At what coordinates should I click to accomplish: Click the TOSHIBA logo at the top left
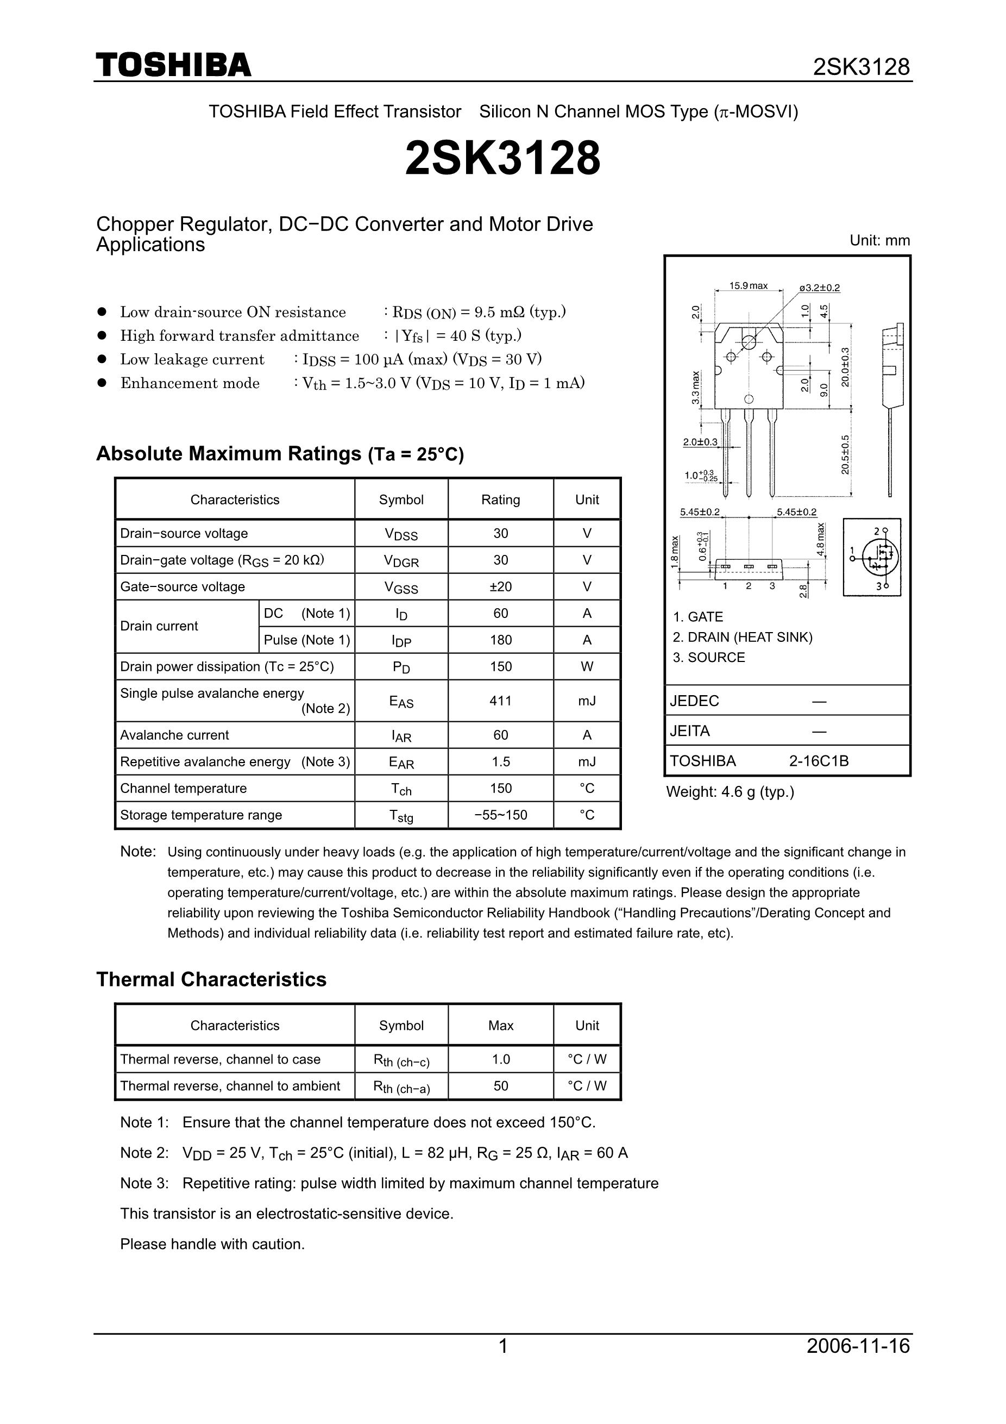(174, 65)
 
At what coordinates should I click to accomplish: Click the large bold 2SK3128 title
(502, 158)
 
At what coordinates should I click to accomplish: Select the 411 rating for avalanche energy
(500, 701)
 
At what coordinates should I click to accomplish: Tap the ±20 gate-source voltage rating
(500, 586)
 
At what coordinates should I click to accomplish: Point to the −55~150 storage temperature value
(500, 815)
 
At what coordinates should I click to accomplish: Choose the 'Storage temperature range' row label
(201, 815)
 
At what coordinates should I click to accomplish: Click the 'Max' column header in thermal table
(500, 1026)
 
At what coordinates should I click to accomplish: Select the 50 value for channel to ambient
(500, 1086)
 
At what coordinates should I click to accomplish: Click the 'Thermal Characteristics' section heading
(211, 979)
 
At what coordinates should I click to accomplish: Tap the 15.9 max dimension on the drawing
(748, 286)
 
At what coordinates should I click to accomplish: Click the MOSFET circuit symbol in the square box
(873, 558)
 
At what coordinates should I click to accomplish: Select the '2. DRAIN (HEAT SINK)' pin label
(742, 637)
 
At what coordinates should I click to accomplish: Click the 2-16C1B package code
(818, 761)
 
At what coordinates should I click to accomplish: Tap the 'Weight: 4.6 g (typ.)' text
(730, 792)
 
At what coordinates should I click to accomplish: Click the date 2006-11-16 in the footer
(858, 1346)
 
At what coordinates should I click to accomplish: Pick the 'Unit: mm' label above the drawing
(879, 241)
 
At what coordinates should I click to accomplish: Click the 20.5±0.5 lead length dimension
(845, 454)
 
